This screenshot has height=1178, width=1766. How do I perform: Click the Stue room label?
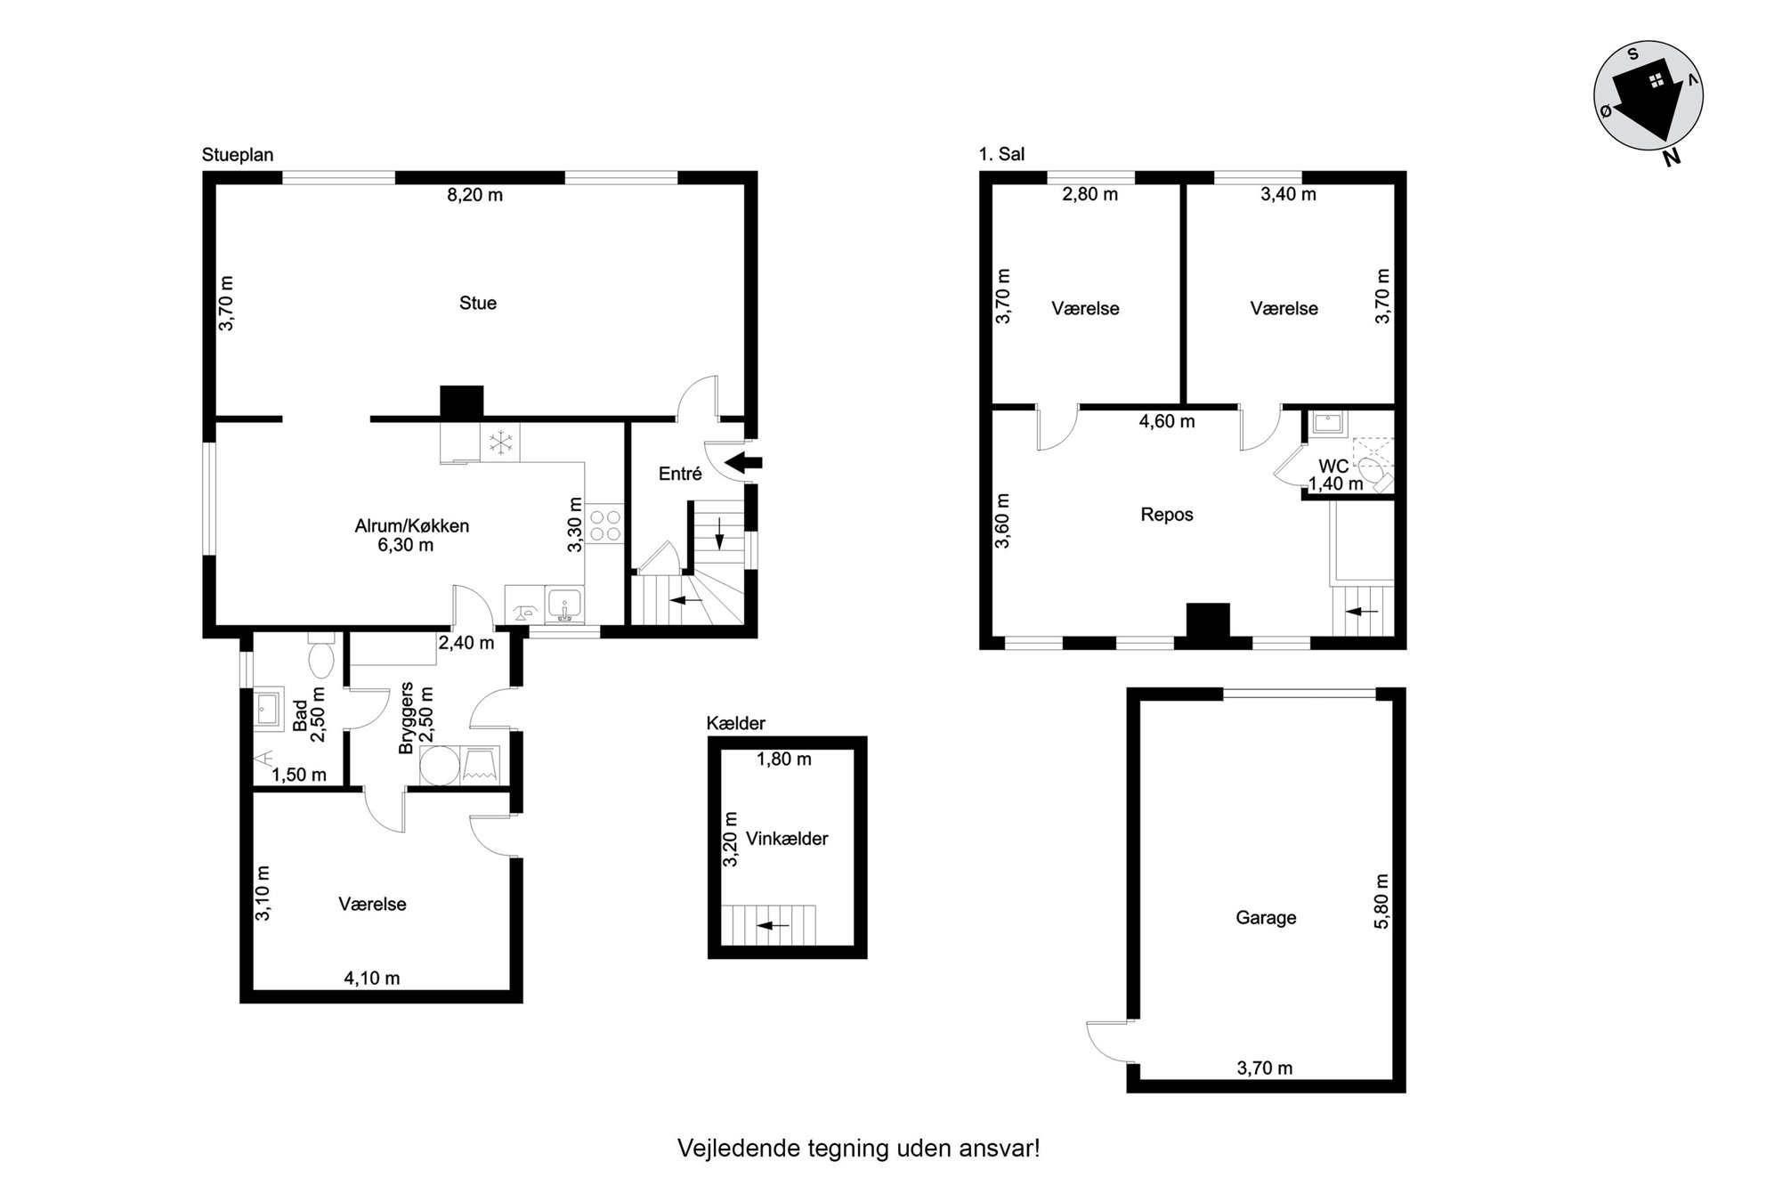pos(477,303)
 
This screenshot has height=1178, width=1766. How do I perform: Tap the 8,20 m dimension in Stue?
pos(474,194)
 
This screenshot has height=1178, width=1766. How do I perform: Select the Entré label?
pos(680,474)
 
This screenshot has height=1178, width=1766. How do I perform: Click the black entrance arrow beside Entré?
pos(744,462)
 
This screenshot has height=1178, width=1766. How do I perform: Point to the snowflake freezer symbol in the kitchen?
pos(500,443)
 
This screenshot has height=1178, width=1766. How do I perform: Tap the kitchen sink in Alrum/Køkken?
pos(564,605)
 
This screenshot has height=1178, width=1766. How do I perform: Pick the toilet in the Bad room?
pos(320,656)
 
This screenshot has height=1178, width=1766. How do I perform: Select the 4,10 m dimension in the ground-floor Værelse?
pos(372,979)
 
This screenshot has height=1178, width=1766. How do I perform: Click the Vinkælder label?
pos(787,839)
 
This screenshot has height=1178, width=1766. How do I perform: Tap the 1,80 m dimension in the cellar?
pos(784,760)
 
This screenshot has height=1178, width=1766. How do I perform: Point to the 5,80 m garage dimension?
pos(1381,901)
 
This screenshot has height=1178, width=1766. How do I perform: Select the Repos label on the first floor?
pos(1167,515)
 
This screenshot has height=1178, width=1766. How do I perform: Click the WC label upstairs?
pos(1333,467)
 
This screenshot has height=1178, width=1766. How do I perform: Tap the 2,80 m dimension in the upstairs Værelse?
pos(1090,194)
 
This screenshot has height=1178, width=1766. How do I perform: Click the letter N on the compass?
pos(1671,158)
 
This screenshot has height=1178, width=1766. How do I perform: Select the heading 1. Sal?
pos(1001,154)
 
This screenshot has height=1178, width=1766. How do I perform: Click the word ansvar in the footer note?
pos(1006,1148)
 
